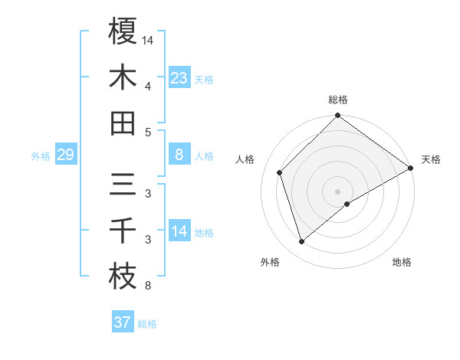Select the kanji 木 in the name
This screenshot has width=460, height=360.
123,77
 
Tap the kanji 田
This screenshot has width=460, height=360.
123,123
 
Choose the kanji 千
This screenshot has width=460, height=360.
123,231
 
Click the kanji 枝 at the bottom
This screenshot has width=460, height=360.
123,277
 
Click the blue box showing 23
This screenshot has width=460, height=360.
179,78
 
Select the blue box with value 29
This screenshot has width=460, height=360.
65,155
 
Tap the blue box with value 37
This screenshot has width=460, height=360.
122,322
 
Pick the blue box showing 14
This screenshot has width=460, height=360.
179,231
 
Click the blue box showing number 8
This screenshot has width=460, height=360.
179,155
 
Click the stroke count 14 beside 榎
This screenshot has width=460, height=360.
149,39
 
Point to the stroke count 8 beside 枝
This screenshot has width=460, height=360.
147,286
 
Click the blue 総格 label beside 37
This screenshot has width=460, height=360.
147,324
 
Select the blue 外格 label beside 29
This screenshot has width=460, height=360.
41,156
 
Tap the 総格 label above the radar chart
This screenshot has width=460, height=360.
337,100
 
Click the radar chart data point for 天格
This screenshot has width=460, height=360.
410,169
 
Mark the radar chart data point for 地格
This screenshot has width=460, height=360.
347,204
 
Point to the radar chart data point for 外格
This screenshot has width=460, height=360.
301,242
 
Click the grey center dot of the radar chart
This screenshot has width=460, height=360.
337,190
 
